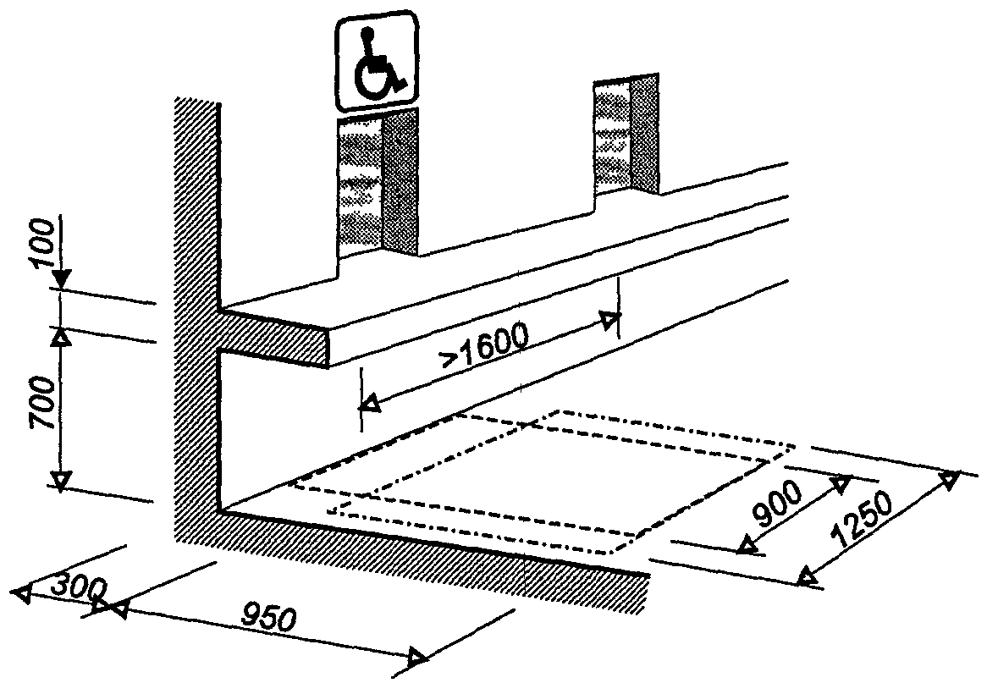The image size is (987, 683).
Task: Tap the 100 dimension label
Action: (x=43, y=243)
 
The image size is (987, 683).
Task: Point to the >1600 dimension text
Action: (x=484, y=345)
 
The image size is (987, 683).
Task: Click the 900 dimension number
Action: (x=779, y=503)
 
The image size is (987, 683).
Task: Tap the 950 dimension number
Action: (x=268, y=618)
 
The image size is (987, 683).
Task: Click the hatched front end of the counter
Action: (x=273, y=337)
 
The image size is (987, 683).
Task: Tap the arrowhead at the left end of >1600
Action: (x=370, y=403)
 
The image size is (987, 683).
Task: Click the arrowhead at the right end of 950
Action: (x=418, y=658)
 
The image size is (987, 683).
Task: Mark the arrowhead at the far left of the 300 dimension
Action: (x=22, y=593)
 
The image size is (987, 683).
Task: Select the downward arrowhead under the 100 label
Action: (x=61, y=278)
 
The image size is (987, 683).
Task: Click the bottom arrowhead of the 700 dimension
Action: (x=60, y=481)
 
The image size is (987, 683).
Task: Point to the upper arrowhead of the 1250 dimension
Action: (x=949, y=481)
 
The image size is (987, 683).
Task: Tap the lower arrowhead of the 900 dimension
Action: (x=747, y=545)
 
